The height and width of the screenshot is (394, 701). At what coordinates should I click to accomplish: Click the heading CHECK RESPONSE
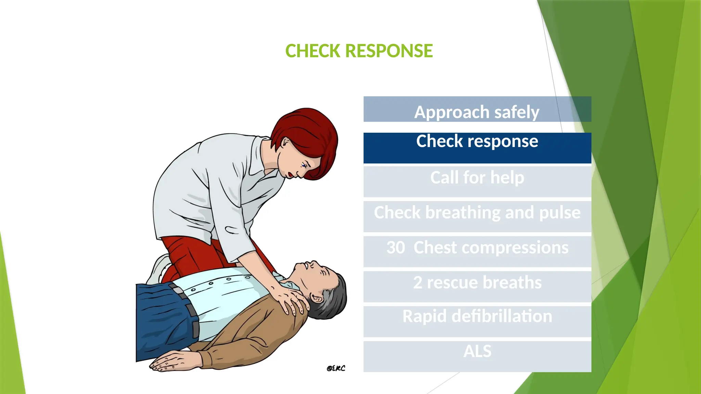(359, 51)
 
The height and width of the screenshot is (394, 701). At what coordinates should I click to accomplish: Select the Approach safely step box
(477, 109)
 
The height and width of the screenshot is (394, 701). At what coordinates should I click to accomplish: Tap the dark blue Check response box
(477, 148)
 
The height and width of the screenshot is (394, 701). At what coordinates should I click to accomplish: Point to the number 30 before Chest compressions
(396, 248)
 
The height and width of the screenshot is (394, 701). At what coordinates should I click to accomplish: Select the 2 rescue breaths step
(477, 286)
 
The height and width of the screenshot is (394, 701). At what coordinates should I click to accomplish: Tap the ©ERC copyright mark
(336, 368)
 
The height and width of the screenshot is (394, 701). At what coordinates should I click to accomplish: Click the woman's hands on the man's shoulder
(291, 299)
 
